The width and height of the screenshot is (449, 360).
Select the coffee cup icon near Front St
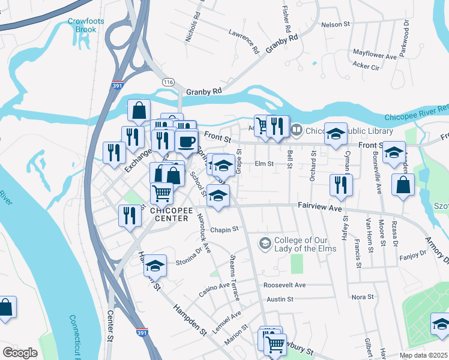(x=186, y=142)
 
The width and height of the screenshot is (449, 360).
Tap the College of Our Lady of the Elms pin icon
(x=265, y=243)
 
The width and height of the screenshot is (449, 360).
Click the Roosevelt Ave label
(x=285, y=285)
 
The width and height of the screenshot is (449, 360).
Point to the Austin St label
(x=280, y=299)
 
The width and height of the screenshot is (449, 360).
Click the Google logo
(x=20, y=353)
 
